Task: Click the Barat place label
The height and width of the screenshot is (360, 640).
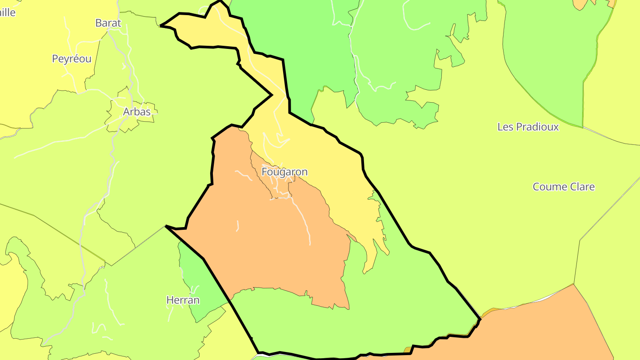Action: tap(108, 23)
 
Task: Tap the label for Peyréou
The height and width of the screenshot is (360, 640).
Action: tap(72, 59)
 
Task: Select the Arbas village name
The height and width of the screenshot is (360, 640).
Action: tap(136, 112)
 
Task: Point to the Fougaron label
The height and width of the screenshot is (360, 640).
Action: tap(284, 172)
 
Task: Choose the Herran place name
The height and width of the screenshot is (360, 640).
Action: tap(183, 300)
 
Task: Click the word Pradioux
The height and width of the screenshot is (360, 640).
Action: tap(538, 127)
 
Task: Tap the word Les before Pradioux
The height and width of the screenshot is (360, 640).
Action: tap(505, 127)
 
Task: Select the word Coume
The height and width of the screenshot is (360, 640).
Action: tap(548, 187)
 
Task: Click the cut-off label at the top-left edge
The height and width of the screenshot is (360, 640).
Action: tap(8, 12)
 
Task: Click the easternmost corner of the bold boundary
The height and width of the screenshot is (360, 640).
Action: tap(480, 319)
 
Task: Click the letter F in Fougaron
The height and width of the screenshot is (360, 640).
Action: tap(265, 172)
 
